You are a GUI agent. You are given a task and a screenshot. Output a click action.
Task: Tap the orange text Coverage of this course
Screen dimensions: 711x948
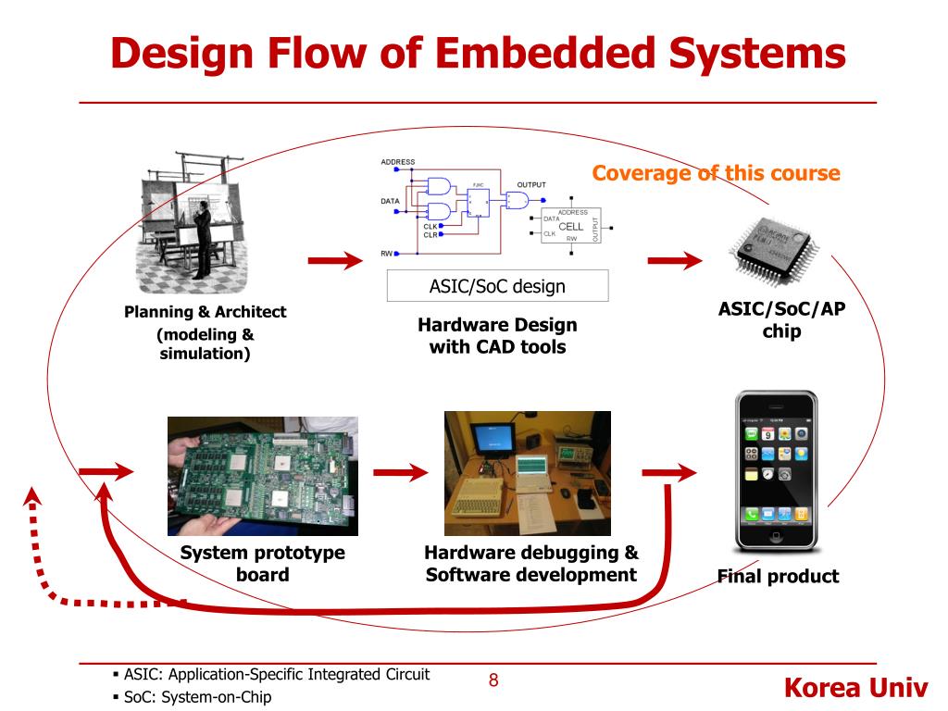716,173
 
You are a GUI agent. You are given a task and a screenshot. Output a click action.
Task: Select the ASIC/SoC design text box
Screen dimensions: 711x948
497,286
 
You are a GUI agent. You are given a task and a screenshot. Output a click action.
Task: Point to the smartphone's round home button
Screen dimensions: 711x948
776,536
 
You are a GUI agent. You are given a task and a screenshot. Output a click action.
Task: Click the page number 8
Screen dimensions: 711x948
493,681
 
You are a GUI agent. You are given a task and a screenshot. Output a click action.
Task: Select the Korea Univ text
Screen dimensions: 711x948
854,689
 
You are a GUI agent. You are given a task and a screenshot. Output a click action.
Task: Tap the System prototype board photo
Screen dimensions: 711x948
262,476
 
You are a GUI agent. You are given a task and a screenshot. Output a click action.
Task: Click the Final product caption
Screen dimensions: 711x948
778,576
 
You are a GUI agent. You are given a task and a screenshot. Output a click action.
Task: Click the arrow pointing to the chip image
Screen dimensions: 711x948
674,262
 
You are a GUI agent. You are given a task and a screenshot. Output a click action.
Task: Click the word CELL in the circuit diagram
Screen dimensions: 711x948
571,227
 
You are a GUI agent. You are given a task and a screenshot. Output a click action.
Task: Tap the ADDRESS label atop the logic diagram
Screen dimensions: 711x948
398,162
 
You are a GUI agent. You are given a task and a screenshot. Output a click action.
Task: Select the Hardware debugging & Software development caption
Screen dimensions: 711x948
530,564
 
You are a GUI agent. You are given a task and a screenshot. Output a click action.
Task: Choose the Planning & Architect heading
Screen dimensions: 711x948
206,312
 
